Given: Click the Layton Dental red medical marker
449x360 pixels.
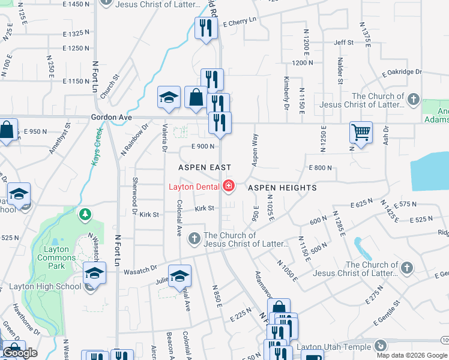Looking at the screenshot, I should [x=228, y=187].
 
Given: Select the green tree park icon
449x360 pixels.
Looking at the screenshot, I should [x=86, y=214].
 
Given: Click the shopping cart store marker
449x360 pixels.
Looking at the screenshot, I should [x=361, y=133].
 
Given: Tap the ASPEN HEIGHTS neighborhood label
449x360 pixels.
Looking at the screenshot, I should [x=282, y=188].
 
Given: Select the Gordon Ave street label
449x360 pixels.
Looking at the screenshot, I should [x=111, y=118].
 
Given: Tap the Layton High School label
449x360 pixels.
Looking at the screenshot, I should [x=45, y=286].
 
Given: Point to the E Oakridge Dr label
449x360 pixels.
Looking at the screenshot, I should [x=402, y=72].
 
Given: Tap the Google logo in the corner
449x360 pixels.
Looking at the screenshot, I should [x=20, y=353].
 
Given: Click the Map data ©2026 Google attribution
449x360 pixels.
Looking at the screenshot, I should [x=411, y=355].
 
